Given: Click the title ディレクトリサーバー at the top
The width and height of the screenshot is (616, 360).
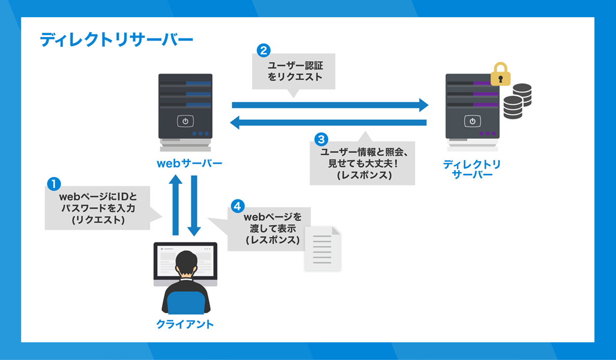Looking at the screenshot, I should [x=116, y=40].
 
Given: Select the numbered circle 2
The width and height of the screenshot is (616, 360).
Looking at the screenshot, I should [x=264, y=50].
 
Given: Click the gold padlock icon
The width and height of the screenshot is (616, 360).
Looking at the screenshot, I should [x=501, y=74].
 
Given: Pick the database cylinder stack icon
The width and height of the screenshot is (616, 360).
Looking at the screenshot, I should [x=517, y=101].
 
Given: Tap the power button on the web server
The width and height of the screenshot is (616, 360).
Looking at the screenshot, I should [x=185, y=121].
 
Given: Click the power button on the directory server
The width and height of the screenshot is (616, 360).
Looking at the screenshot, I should [x=472, y=121].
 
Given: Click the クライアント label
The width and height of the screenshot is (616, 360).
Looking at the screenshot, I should [x=185, y=324].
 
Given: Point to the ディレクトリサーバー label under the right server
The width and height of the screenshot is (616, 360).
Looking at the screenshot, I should [x=472, y=169].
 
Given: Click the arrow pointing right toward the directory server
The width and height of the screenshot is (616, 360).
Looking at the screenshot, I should [x=330, y=105].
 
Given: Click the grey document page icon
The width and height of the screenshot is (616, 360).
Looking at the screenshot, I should [x=323, y=249].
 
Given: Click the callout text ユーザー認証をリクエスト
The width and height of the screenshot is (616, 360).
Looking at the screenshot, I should [x=295, y=71].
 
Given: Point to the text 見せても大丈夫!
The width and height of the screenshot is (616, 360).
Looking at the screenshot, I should [x=362, y=163].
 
